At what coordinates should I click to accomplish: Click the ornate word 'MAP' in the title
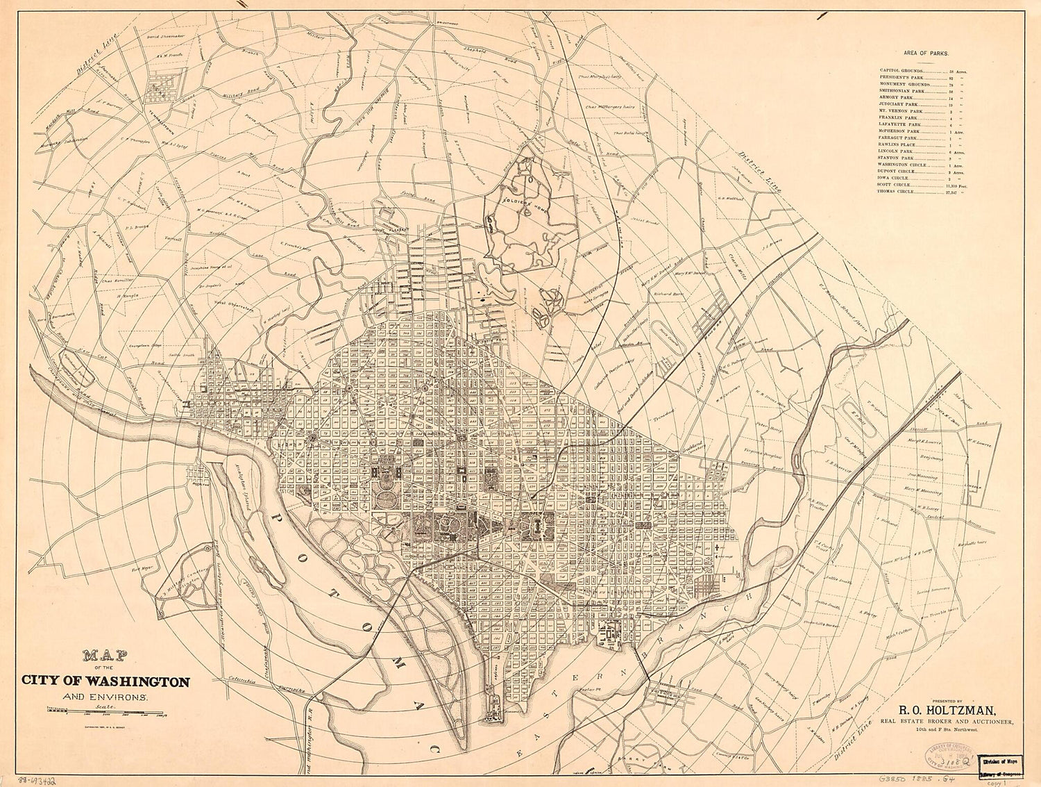(99, 655)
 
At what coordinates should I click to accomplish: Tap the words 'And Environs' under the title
(104, 696)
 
